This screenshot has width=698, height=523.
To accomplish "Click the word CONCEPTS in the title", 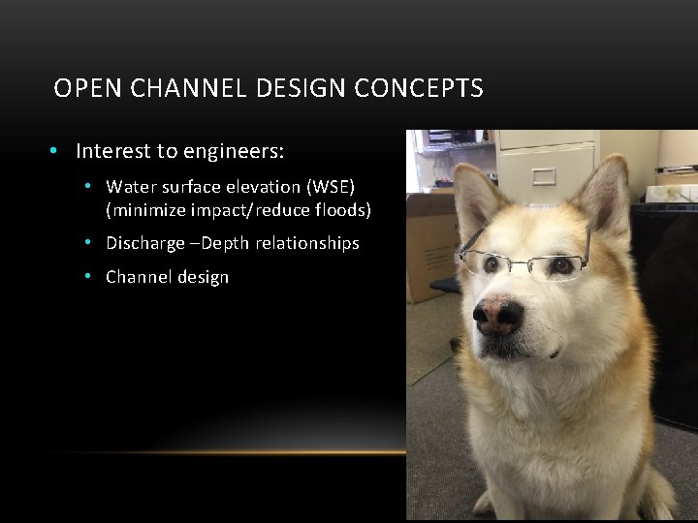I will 418,89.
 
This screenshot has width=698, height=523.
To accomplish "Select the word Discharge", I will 144,243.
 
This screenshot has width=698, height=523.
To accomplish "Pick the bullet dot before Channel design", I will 87,277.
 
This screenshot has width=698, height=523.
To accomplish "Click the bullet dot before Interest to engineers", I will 57,151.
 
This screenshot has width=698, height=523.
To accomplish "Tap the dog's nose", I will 498,313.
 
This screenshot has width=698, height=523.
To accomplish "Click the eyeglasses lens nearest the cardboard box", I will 484,261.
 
